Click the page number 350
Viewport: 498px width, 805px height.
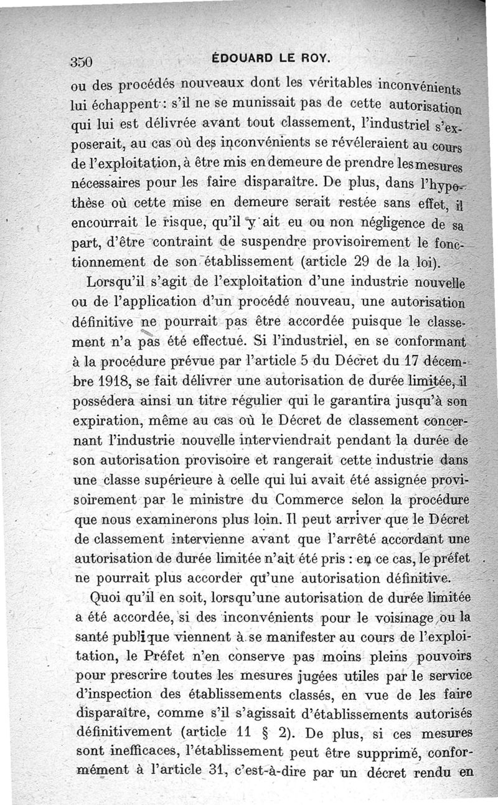point(82,62)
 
